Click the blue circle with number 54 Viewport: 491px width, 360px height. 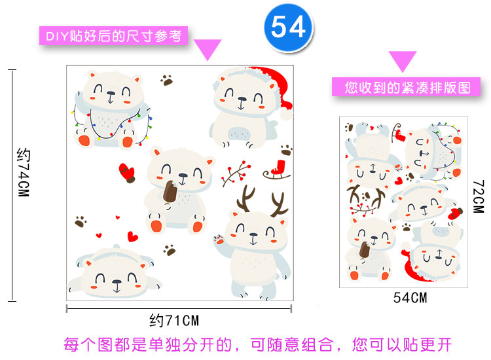point(288,27)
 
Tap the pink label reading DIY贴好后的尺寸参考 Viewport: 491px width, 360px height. point(113,35)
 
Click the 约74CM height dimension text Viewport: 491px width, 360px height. point(23,174)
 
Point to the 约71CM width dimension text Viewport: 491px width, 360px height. point(173,321)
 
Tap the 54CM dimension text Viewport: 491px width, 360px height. point(410,298)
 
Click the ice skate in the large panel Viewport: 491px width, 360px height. point(278,170)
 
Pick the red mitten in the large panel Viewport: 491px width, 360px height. point(127,171)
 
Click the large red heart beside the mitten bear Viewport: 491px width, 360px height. point(133,236)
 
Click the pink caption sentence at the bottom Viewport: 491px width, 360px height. point(257,344)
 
